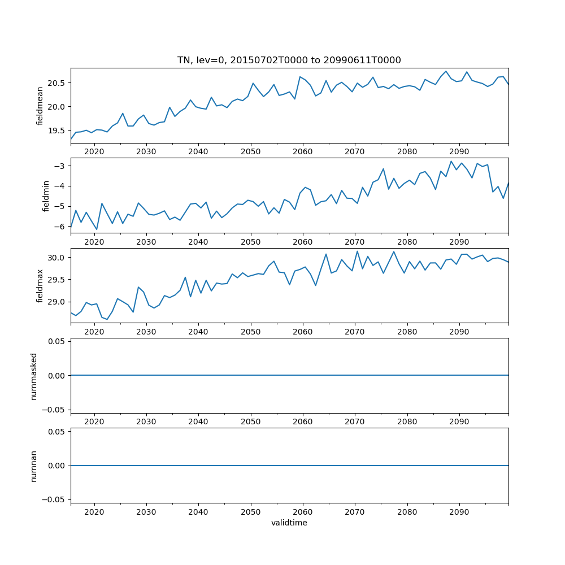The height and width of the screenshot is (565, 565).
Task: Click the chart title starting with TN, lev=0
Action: [x=289, y=60]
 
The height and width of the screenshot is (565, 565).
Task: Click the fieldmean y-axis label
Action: [x=40, y=106]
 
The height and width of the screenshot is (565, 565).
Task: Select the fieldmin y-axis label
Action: [x=46, y=196]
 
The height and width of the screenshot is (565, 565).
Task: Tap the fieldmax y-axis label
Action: [x=40, y=286]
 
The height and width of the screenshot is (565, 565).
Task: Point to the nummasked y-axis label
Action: [x=34, y=376]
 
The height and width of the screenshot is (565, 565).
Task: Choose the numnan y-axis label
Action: [x=34, y=466]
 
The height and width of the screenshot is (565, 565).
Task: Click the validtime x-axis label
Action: [x=289, y=523]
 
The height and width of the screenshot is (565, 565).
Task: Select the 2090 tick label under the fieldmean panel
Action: [x=459, y=152]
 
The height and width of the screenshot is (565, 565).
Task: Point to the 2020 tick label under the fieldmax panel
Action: [x=94, y=332]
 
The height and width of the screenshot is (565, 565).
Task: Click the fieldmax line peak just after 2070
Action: [x=357, y=251]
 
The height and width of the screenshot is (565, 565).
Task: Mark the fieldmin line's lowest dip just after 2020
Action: [x=97, y=229]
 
